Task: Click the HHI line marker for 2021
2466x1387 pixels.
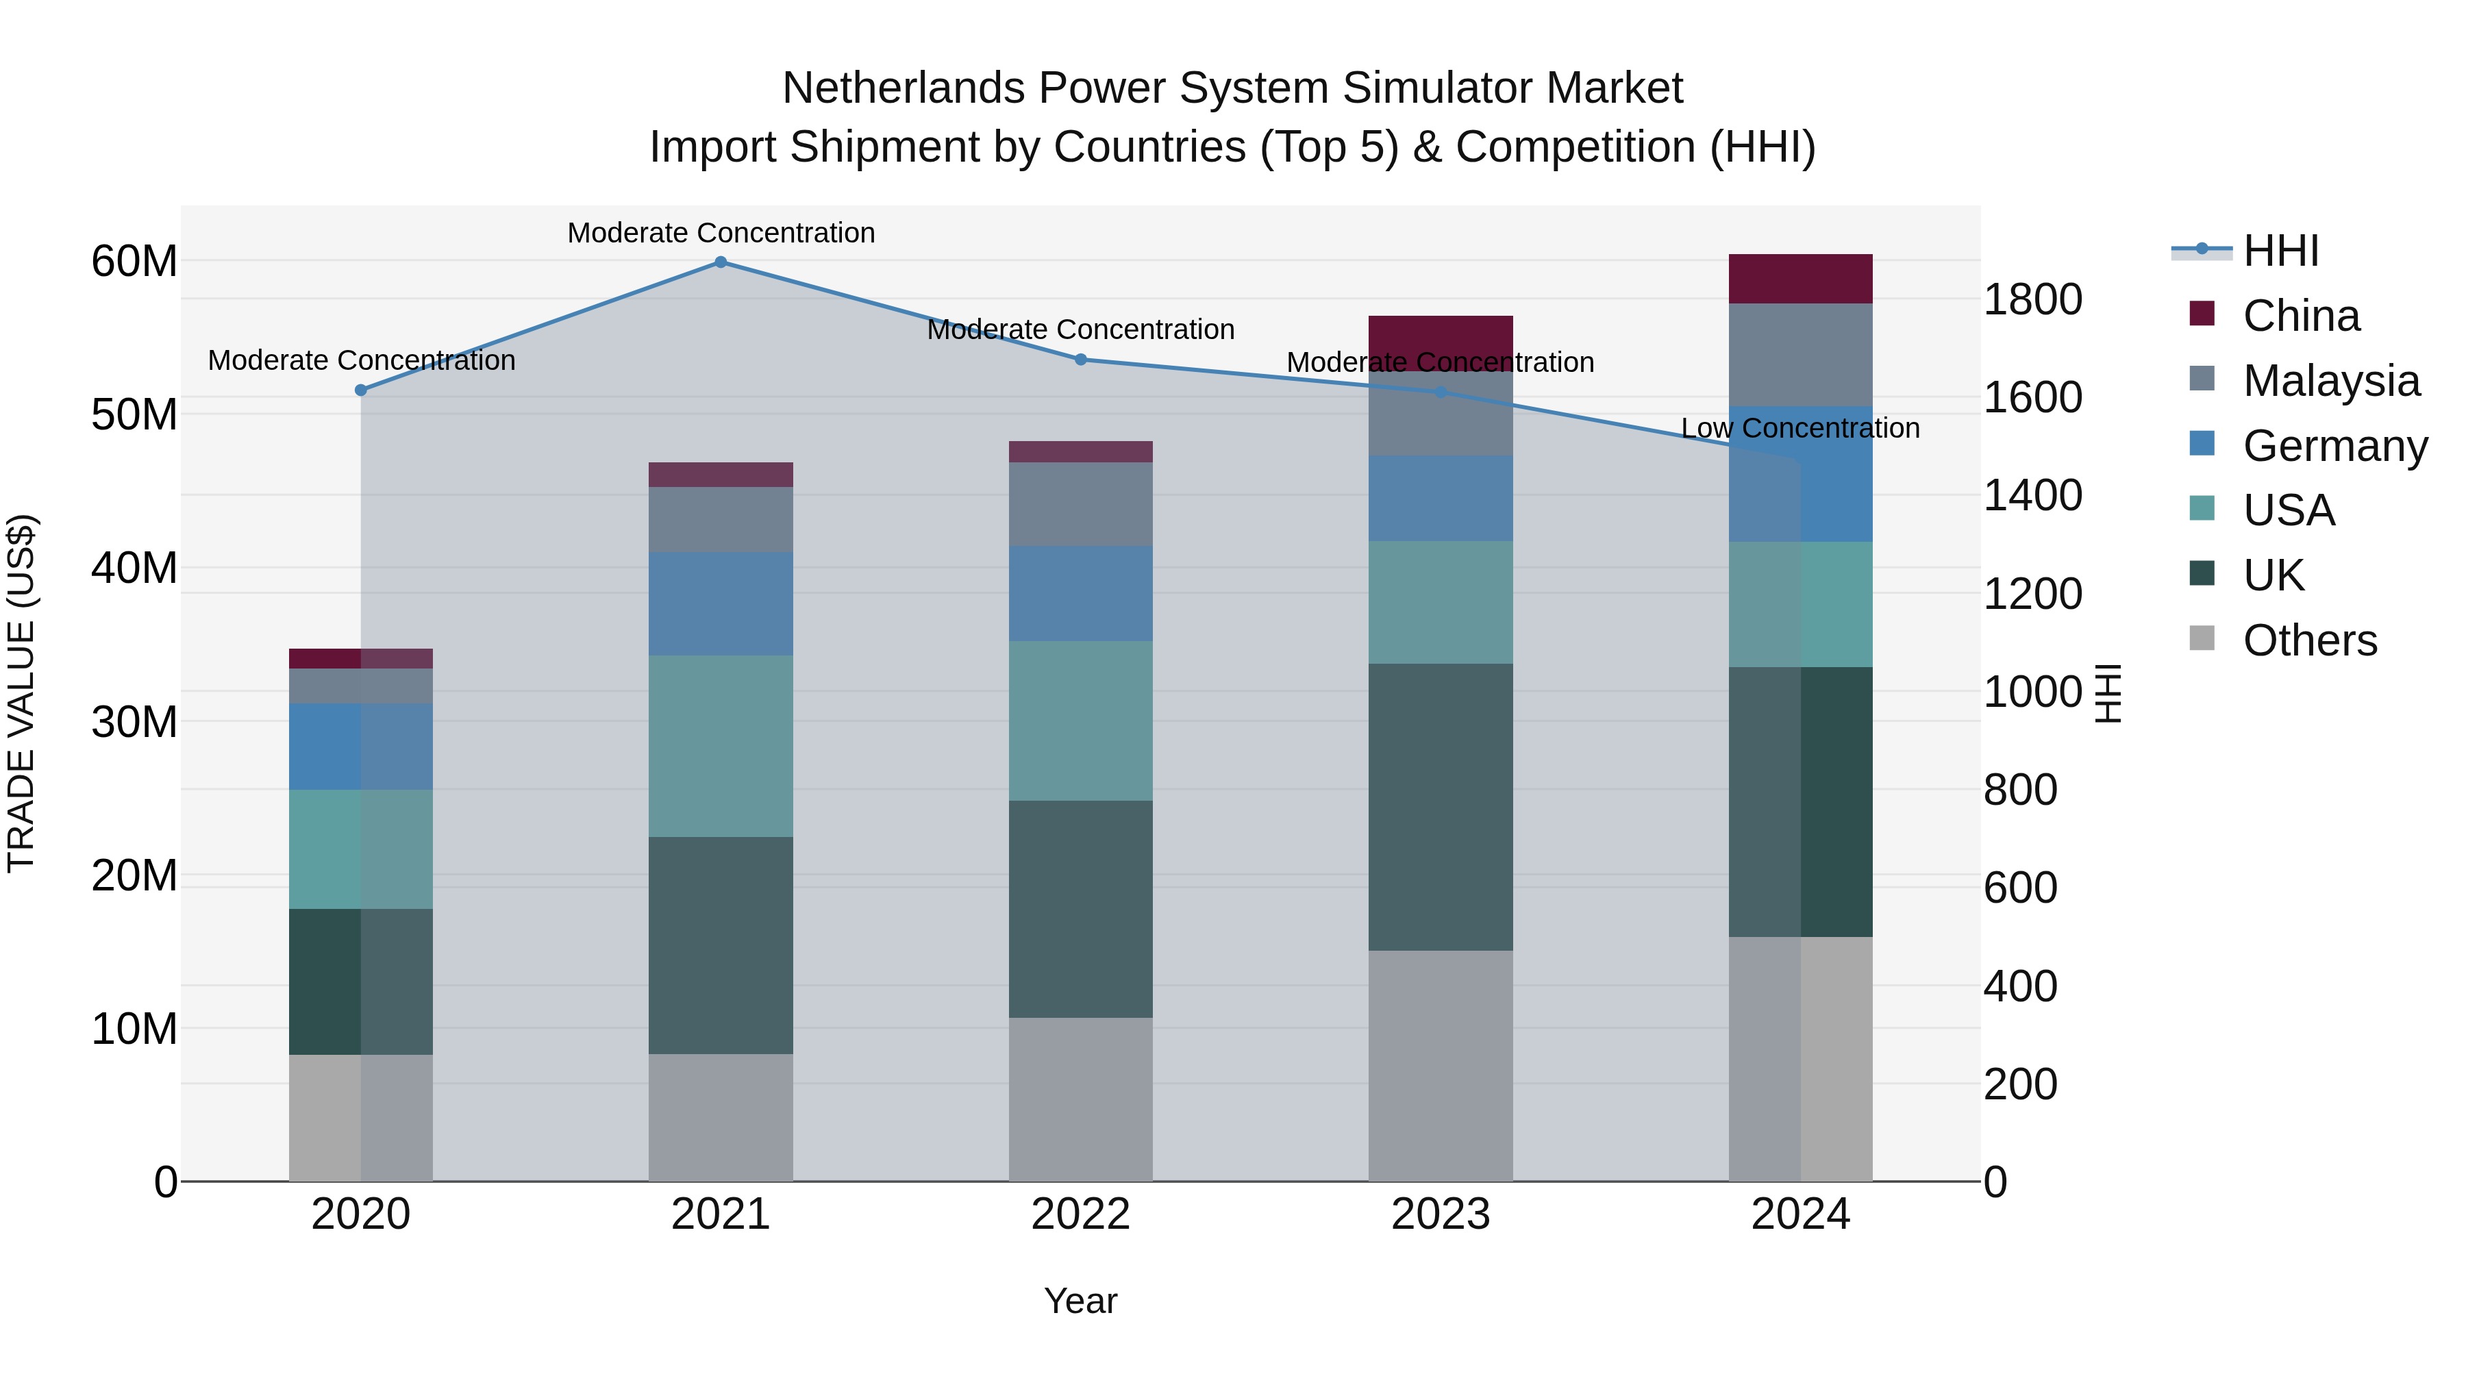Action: point(721,262)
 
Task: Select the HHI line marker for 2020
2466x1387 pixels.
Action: point(361,390)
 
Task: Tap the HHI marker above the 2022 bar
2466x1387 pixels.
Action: point(1081,360)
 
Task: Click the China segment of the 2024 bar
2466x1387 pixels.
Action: point(1801,279)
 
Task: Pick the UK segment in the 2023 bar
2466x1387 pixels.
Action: point(1441,807)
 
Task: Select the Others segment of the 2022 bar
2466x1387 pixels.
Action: point(1081,1099)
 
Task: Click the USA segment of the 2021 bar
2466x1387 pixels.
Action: point(721,746)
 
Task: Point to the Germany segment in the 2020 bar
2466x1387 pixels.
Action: point(361,747)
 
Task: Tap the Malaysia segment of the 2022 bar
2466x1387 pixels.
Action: point(1081,504)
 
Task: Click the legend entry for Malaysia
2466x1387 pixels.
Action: point(2331,381)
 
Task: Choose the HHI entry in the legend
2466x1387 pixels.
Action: point(2280,251)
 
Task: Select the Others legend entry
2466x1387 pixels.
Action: point(2309,640)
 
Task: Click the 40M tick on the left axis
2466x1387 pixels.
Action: point(134,568)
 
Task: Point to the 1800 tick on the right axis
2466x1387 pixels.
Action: point(2032,299)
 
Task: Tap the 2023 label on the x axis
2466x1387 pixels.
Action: point(1441,1214)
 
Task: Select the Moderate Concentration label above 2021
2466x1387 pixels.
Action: point(721,233)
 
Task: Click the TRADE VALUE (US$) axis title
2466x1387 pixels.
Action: point(21,693)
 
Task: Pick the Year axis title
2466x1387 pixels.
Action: point(1081,1301)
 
